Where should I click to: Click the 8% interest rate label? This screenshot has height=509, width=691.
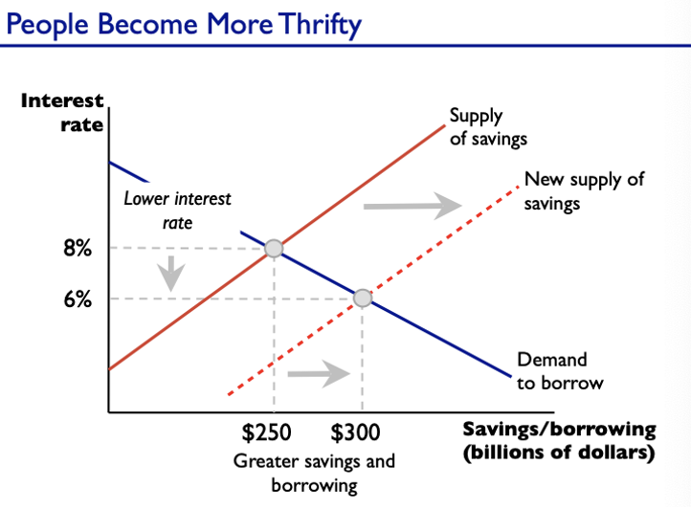pyautogui.click(x=78, y=249)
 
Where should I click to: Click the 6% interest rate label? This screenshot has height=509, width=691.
pyautogui.click(x=78, y=299)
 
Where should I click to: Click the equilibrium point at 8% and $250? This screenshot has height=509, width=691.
pyautogui.click(x=273, y=249)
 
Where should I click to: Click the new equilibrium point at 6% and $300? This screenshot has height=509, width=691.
pyautogui.click(x=362, y=299)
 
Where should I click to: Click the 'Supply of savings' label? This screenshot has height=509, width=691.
pyautogui.click(x=488, y=127)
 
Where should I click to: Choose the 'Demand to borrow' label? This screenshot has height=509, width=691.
pyautogui.click(x=560, y=371)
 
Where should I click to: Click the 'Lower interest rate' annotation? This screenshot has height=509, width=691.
pyautogui.click(x=177, y=210)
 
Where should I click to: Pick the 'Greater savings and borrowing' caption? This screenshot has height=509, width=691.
pyautogui.click(x=314, y=473)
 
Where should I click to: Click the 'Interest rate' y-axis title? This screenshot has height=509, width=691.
pyautogui.click(x=61, y=112)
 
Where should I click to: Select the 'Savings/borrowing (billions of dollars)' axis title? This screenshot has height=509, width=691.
pyautogui.click(x=559, y=440)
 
